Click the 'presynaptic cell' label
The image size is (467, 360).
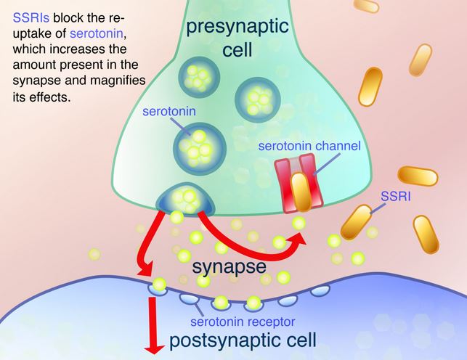coord(237,38)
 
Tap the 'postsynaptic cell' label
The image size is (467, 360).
coord(243,340)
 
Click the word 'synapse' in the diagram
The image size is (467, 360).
coord(229,266)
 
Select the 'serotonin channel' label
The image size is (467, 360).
coord(309,146)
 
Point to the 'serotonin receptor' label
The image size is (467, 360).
coord(243,322)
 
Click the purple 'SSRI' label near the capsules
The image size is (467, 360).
coord(396,197)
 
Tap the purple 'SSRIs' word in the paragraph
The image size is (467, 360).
coord(31,18)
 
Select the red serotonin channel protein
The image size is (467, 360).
coord(299,183)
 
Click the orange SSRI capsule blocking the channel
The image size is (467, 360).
coord(301,192)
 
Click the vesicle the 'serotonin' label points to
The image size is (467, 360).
coord(199,150)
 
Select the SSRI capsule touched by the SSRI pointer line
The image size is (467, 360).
coord(357,222)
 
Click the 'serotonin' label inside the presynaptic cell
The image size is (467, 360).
coord(169,111)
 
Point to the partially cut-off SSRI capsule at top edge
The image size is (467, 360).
coord(366,5)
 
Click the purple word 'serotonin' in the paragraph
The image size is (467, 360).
coord(97,33)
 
